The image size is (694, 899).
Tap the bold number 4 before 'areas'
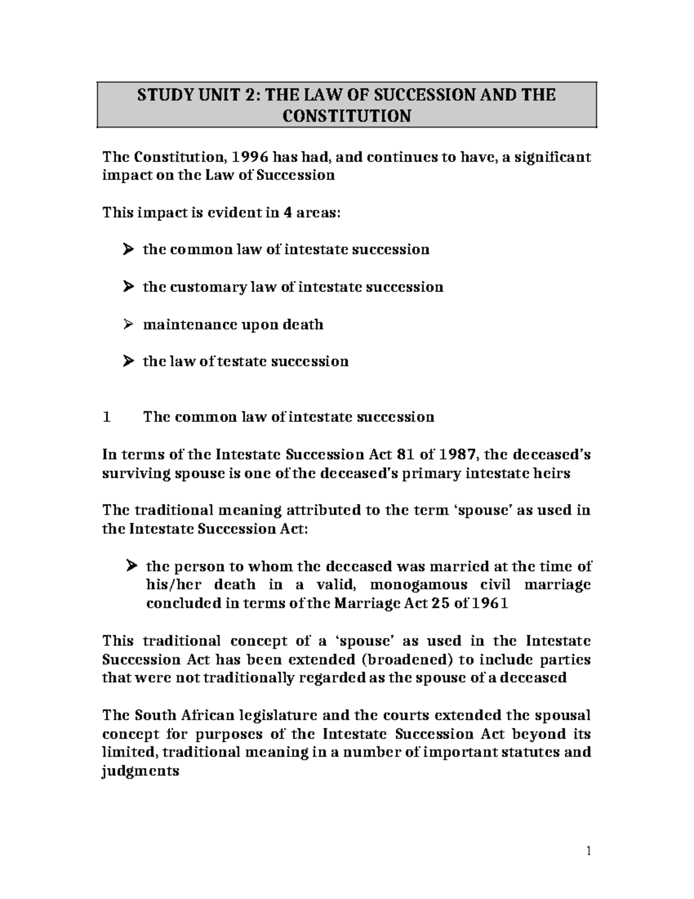coord(287,212)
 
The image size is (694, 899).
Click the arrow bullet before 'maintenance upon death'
coord(128,324)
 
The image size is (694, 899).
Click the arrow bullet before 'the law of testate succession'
coord(128,362)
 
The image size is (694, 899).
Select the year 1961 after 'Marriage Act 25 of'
coord(490,603)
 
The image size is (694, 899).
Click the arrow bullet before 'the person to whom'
coord(131,566)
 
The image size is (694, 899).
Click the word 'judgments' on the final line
coord(141,771)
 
